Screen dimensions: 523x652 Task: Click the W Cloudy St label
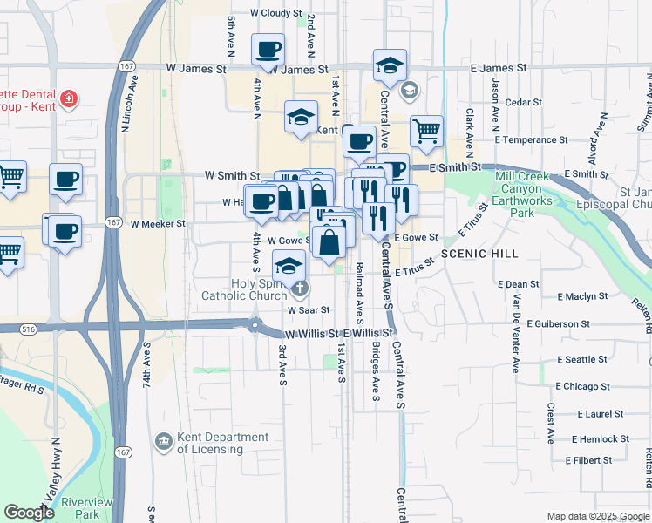click(275, 14)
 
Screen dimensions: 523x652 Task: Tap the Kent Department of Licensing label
click(222, 443)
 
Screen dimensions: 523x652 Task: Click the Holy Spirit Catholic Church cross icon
click(299, 288)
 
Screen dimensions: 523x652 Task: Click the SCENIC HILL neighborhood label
click(479, 254)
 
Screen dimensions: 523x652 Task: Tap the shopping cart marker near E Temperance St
click(425, 132)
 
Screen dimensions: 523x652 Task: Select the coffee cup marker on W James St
click(268, 49)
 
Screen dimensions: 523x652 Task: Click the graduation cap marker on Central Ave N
click(390, 65)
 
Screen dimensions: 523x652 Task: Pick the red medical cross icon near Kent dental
click(68, 98)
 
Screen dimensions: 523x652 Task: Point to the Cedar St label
click(524, 102)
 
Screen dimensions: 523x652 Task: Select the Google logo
click(30, 512)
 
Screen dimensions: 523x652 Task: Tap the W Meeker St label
click(158, 223)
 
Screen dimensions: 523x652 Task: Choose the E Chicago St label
click(581, 386)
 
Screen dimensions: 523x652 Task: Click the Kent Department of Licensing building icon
click(163, 443)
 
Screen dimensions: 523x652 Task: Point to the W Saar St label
click(309, 309)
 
